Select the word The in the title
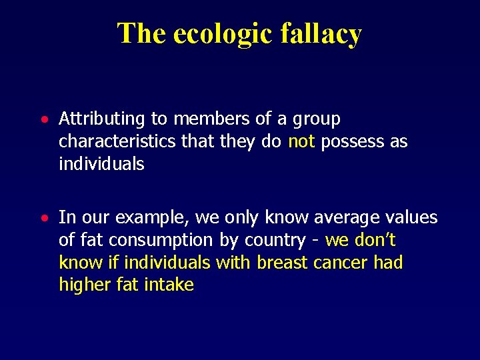coord(141,33)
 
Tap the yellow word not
coord(302,141)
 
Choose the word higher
coord(83,285)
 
